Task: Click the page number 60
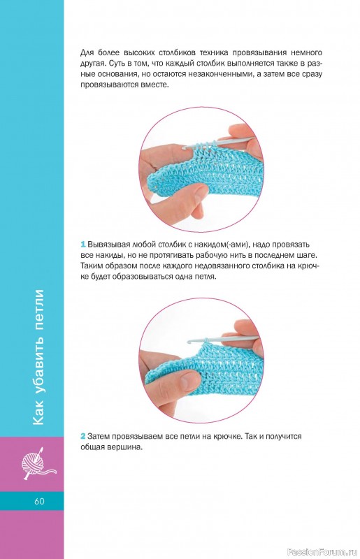pos(39,501)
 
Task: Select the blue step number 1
pos(82,245)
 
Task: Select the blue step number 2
pos(82,436)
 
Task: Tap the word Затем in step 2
pos(98,436)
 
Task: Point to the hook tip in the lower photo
pos(189,341)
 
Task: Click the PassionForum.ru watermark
pos(322,552)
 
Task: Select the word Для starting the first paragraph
pos(87,53)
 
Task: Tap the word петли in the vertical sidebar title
pos(38,307)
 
